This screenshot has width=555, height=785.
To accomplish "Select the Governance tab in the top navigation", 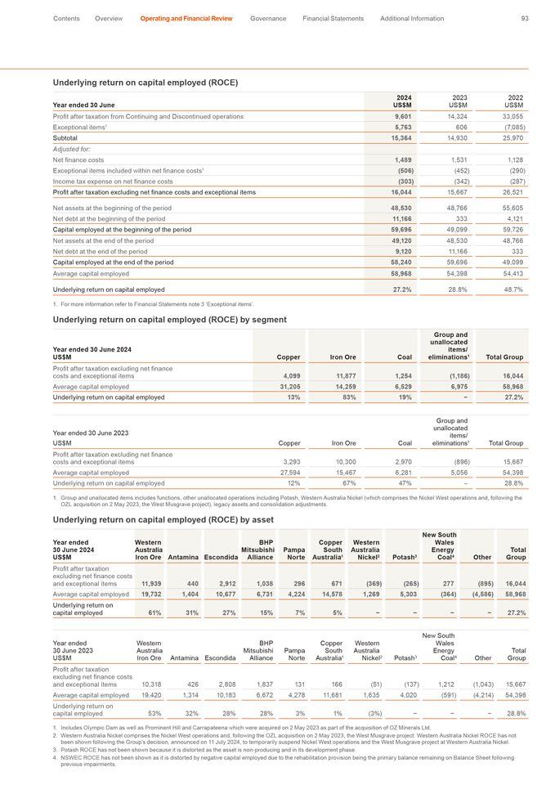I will tap(267, 17).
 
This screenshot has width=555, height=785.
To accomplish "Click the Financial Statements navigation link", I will tap(330, 17).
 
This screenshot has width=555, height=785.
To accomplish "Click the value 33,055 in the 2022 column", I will tap(512, 117).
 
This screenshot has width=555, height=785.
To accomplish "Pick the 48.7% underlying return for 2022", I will tap(512, 289).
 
